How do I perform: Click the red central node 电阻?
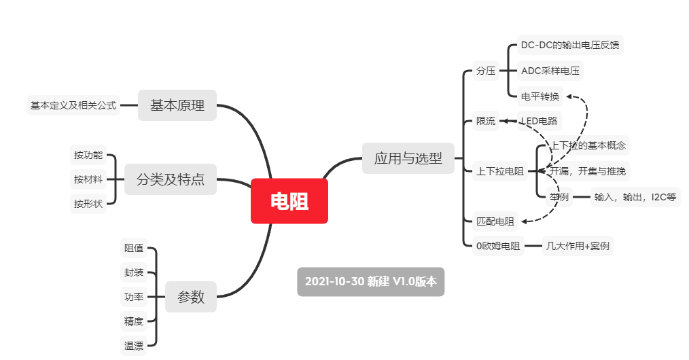(289, 201)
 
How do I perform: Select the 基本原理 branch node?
(177, 105)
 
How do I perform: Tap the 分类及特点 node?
(171, 179)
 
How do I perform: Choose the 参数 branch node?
(191, 297)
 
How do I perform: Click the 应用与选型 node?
(408, 158)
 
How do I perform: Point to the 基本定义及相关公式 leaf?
(73, 105)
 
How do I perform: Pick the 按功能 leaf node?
(88, 155)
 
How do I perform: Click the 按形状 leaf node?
(88, 203)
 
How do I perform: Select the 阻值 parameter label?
(134, 248)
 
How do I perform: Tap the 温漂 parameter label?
(134, 346)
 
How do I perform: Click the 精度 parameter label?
(134, 321)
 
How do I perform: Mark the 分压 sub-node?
(486, 71)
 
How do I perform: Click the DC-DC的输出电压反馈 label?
(569, 46)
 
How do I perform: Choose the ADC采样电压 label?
(551, 71)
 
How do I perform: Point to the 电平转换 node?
(540, 96)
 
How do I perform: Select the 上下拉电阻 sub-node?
(500, 171)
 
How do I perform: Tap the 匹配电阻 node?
(495, 221)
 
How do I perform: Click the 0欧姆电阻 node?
(498, 246)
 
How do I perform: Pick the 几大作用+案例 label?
(578, 246)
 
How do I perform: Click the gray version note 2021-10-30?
(371, 281)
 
